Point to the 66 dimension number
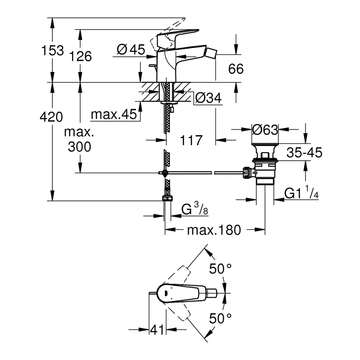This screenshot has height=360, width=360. (x=236, y=69)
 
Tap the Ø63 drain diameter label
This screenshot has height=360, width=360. (x=265, y=129)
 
